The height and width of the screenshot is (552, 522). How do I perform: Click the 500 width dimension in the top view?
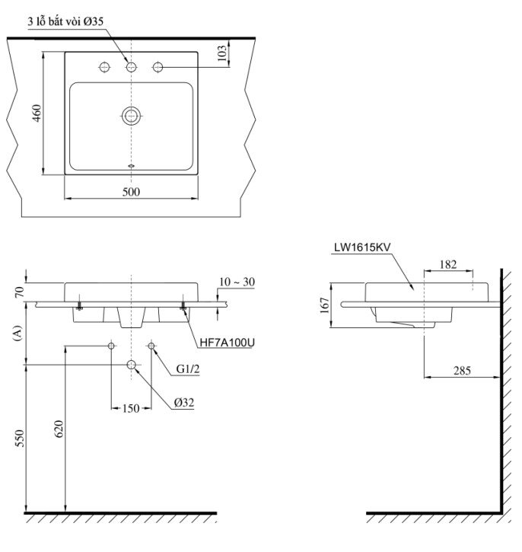(131, 192)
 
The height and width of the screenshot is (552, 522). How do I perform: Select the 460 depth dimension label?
(36, 114)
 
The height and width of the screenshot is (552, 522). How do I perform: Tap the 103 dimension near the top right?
(221, 53)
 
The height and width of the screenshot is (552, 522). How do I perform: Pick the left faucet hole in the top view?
(105, 67)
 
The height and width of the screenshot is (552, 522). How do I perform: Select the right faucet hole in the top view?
(158, 67)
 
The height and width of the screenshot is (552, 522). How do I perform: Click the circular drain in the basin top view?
(132, 116)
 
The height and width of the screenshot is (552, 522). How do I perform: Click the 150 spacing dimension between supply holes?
(130, 409)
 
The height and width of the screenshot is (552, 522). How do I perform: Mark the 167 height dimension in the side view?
(323, 305)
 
